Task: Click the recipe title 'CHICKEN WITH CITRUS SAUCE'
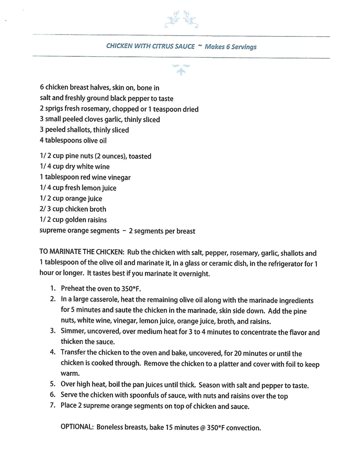tap(150, 46)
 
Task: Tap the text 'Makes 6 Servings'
tap(230, 47)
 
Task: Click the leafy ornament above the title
tap(181, 19)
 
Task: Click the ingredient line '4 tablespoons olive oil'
tap(73, 140)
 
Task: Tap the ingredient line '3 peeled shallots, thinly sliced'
tap(84, 130)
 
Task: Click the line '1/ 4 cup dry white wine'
tap(75, 167)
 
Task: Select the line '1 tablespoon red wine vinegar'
tap(85, 177)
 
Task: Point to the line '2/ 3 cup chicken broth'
tap(73, 209)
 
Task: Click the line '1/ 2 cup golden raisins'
tap(74, 220)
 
